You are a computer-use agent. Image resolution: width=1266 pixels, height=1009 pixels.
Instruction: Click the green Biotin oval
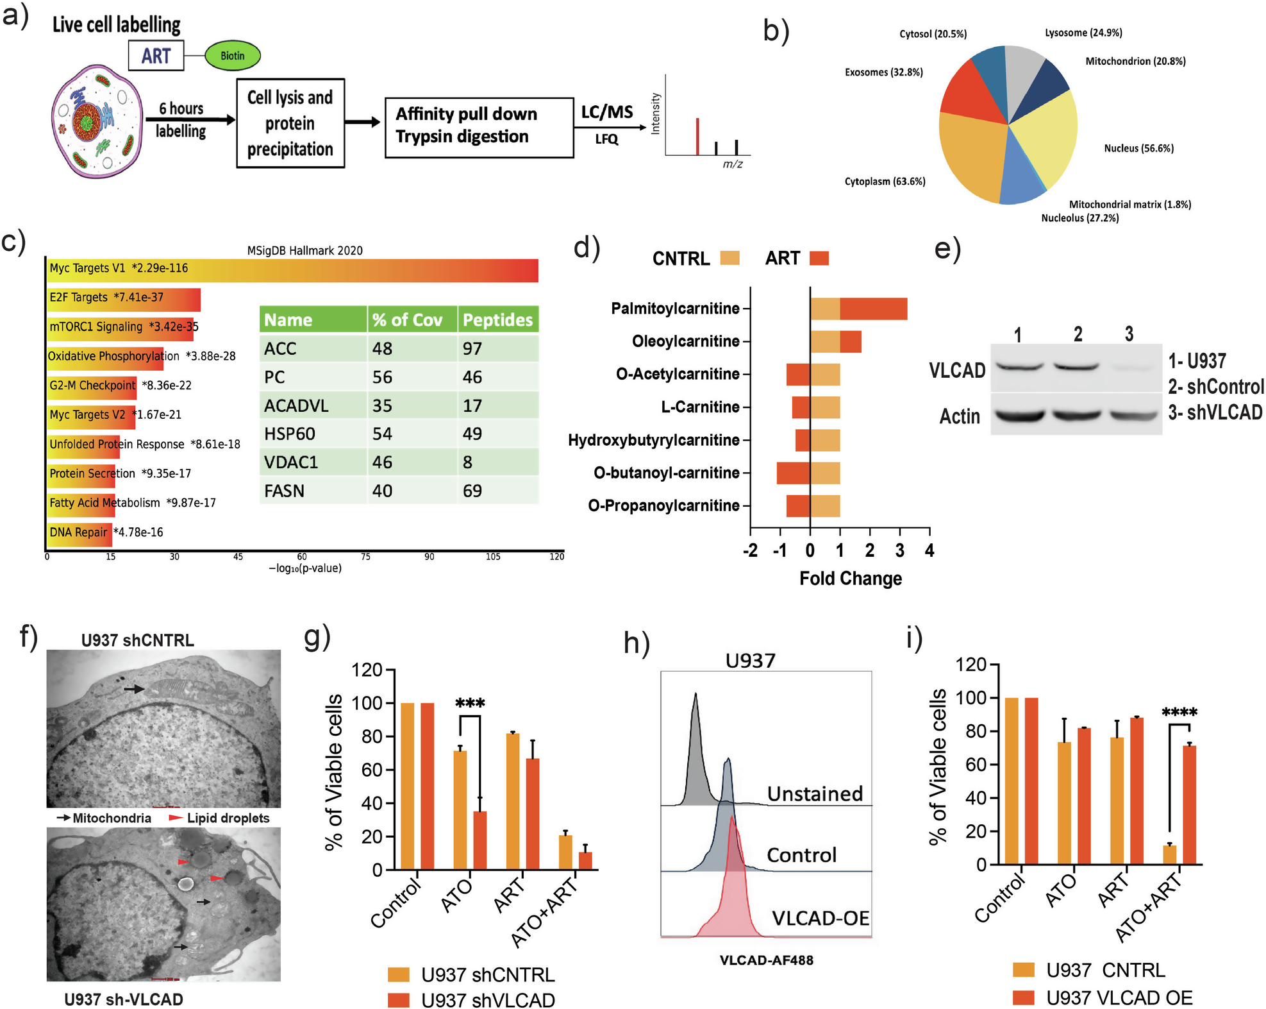233,56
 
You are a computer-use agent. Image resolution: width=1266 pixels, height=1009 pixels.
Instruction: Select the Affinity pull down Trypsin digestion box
479,127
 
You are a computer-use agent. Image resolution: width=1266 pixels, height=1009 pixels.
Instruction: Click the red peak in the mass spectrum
697,137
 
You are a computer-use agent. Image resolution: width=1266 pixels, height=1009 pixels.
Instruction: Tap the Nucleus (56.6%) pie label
1138,148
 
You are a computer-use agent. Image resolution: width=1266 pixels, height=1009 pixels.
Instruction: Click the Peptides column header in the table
497,319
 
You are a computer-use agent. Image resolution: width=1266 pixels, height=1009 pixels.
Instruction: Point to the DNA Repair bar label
78,532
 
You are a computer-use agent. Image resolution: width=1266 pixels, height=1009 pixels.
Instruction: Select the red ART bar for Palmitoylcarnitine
873,309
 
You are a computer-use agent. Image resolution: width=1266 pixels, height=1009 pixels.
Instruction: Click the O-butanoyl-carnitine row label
666,473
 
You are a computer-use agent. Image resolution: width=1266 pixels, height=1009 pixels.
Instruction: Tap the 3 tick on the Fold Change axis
899,550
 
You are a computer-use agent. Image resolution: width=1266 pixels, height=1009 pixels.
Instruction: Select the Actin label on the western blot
960,416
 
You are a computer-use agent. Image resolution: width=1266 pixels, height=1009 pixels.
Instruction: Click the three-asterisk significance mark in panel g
470,704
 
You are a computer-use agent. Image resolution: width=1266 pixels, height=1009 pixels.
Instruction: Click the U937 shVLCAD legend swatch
399,1000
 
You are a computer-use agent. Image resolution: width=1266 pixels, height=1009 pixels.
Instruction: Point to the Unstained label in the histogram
815,793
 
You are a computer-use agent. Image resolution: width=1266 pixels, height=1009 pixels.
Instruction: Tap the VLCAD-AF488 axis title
766,960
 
